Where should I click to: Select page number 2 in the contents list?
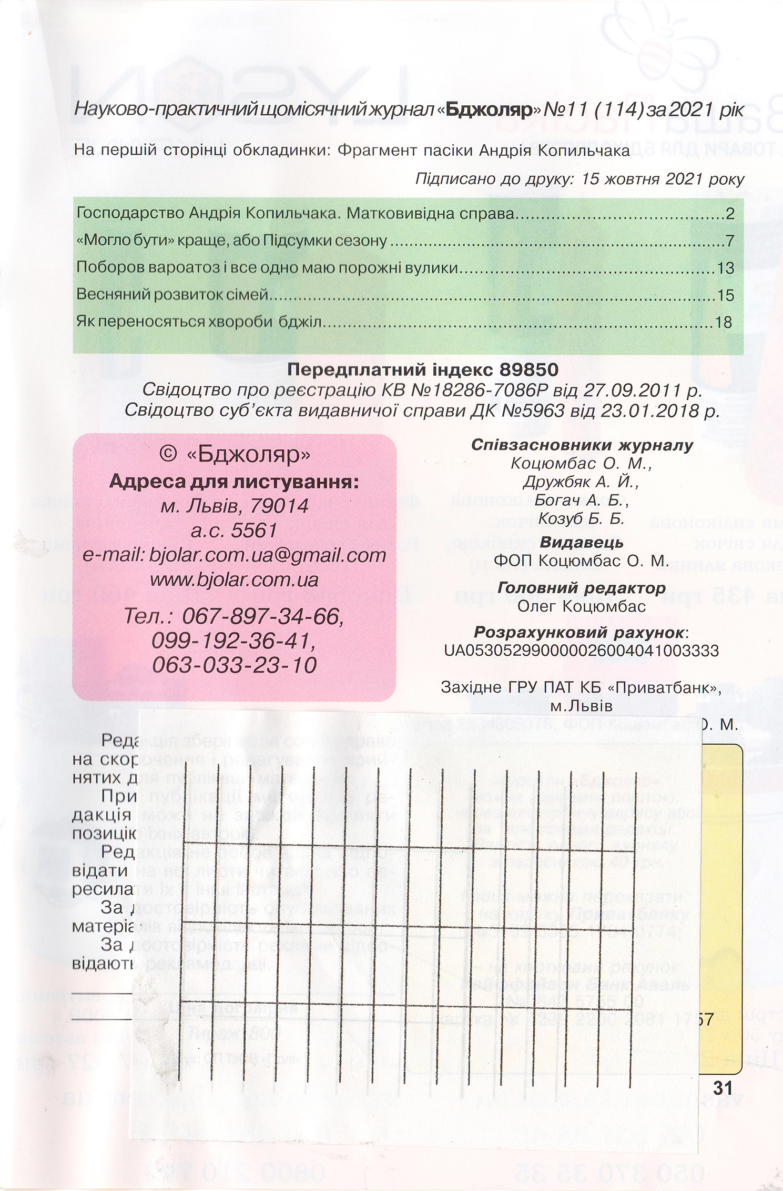pyautogui.click(x=729, y=214)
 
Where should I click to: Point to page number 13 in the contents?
pyautogui.click(x=725, y=268)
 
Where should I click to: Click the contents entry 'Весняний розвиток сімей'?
pyautogui.click(x=172, y=294)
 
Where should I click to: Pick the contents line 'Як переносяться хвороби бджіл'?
pyautogui.click(x=198, y=322)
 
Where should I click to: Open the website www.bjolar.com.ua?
pyautogui.click(x=235, y=580)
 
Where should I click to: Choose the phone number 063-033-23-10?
pyautogui.click(x=235, y=665)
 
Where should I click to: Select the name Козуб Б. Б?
pyautogui.click(x=582, y=518)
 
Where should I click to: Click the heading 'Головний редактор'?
pyautogui.click(x=582, y=587)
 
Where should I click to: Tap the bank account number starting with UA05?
pyautogui.click(x=581, y=650)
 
